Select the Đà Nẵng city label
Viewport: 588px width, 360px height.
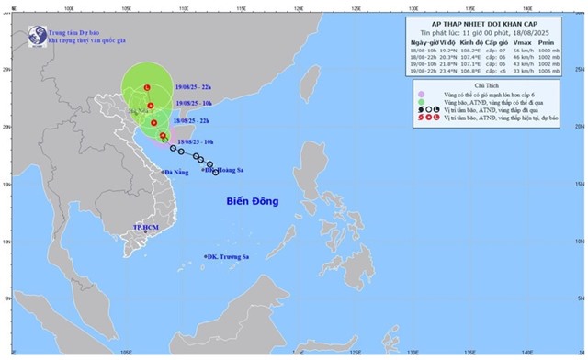(x=178, y=172)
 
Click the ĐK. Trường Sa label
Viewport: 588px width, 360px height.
(x=229, y=256)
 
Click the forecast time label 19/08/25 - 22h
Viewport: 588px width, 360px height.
(x=198, y=85)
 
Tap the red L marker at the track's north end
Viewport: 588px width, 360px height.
(x=148, y=86)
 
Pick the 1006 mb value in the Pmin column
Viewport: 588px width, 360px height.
(x=556, y=71)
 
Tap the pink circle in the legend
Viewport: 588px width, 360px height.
(x=420, y=94)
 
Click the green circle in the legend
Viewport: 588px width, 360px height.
(x=420, y=102)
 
